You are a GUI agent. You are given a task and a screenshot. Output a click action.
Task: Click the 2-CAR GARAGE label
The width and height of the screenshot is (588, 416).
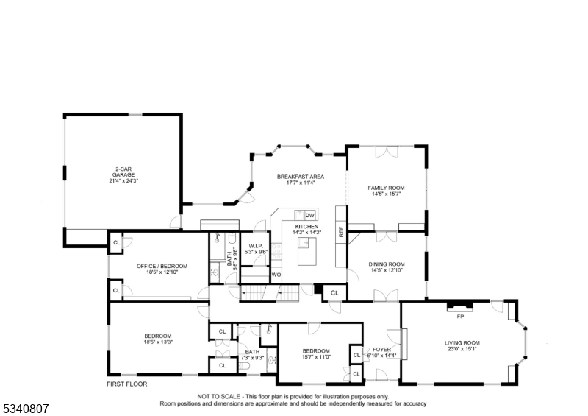123,172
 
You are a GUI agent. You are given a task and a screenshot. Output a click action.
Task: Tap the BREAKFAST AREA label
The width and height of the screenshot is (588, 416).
301,177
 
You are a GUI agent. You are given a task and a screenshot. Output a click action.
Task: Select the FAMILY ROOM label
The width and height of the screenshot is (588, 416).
386,188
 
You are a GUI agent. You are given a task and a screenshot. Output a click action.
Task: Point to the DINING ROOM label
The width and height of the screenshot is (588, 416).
387,264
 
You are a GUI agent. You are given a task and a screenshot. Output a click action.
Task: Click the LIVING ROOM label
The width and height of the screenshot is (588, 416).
462,342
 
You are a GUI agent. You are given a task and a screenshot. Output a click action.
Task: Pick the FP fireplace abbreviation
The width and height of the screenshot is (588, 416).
460,317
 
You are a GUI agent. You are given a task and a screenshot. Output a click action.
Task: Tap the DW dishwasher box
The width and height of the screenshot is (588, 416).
309,215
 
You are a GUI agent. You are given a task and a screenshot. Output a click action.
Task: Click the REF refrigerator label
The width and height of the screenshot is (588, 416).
341,232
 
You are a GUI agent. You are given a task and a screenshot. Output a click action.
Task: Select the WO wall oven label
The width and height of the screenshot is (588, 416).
276,275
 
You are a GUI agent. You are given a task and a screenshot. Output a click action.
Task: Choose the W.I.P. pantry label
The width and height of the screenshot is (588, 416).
255,246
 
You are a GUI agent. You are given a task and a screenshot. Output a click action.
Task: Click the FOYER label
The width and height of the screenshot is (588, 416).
381,350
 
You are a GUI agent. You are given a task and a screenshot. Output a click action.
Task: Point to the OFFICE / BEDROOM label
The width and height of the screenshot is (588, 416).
162,266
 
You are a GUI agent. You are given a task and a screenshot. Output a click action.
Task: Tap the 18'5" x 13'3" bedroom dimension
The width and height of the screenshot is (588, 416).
158,342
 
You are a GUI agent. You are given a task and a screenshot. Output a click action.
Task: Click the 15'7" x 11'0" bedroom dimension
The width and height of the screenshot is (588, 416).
316,357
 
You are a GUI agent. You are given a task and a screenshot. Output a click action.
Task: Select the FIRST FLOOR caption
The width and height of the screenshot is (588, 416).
126,384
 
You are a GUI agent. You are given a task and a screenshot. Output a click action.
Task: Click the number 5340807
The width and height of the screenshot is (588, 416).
26,409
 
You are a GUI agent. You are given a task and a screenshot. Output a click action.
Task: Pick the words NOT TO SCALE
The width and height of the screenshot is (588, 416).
218,396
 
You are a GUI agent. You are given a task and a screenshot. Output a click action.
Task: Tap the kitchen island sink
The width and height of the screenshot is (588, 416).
304,243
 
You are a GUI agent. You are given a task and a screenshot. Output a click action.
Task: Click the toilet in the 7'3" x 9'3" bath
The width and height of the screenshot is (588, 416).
245,367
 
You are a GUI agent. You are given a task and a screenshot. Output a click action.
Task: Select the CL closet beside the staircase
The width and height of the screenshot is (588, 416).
334,293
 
